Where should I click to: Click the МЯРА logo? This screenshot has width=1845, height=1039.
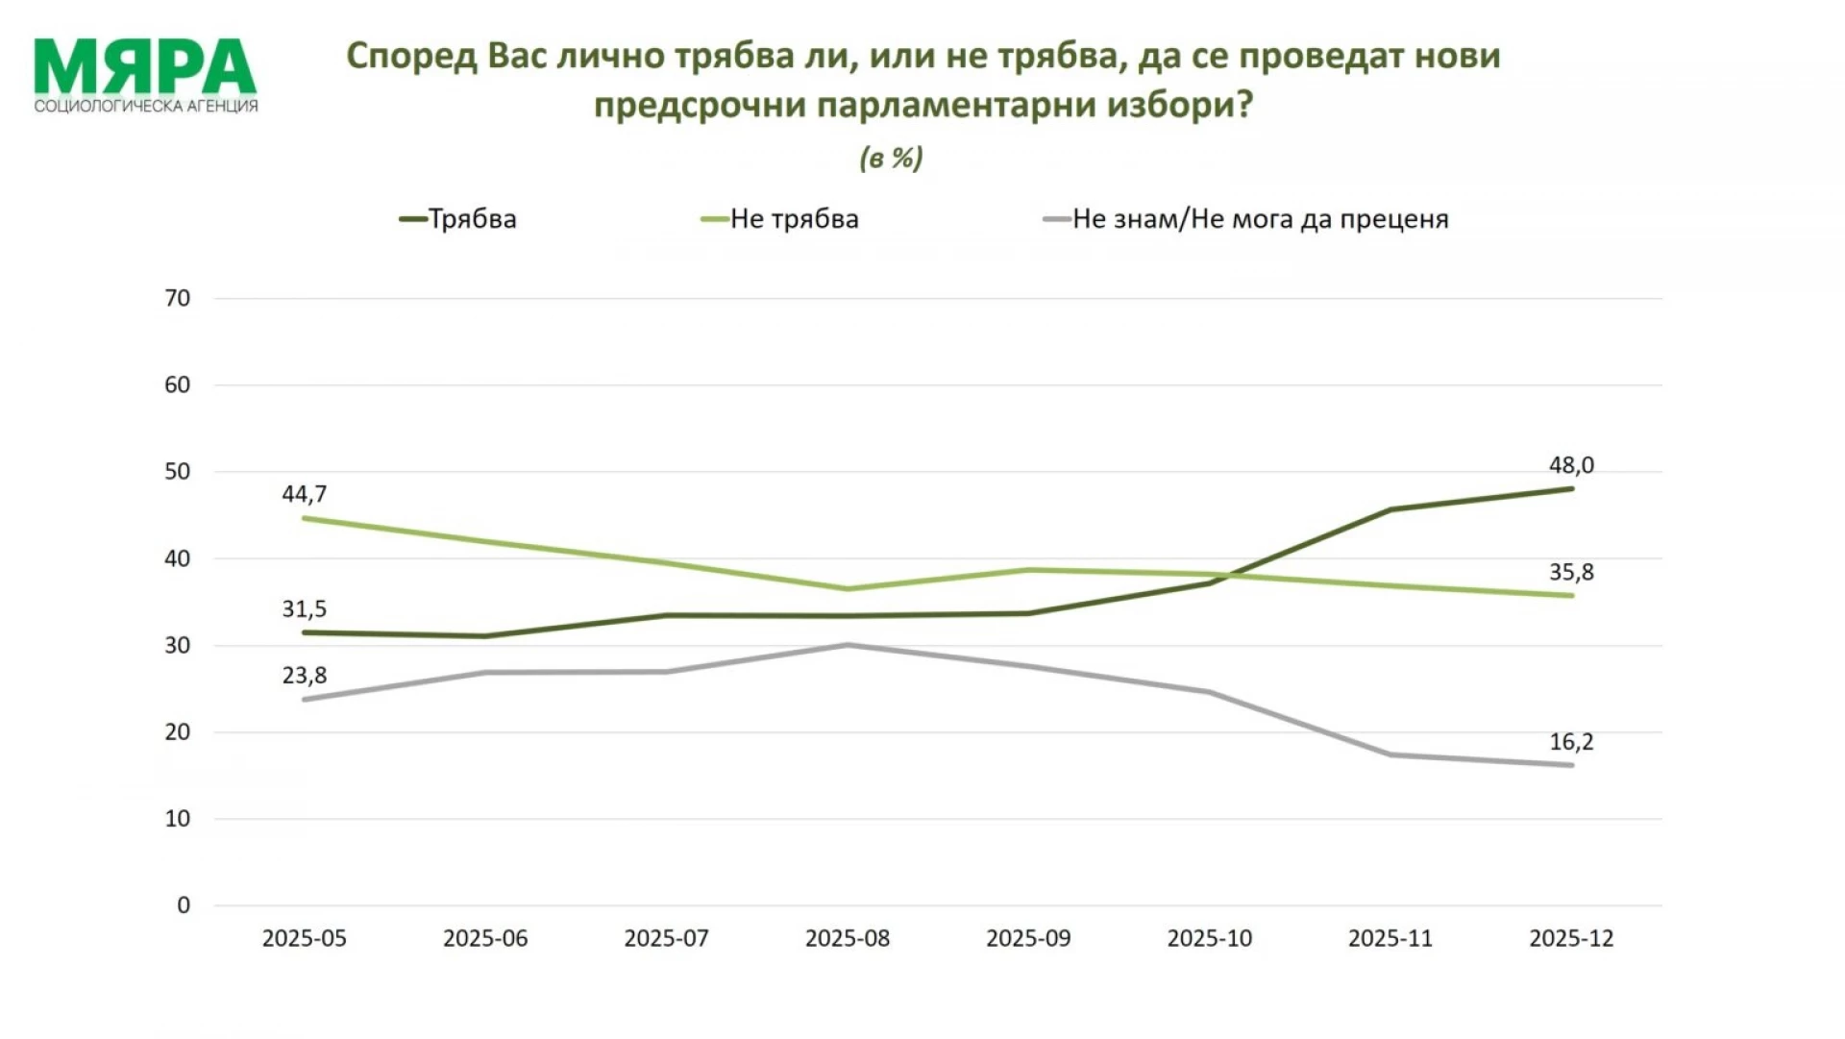[x=145, y=75]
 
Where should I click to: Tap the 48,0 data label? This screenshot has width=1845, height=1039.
[x=1571, y=465]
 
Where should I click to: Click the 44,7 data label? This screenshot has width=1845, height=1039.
[x=304, y=494]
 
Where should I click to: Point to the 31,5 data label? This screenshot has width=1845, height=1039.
[x=304, y=608]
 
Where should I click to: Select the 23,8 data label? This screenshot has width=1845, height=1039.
[x=304, y=676]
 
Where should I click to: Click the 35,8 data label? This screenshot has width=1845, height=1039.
[x=1571, y=573]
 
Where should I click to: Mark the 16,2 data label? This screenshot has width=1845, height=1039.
[x=1571, y=742]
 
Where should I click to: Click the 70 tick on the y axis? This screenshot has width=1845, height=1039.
[x=178, y=298]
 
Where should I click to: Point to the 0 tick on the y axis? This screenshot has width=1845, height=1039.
[x=184, y=905]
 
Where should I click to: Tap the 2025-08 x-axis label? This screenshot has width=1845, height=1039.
[x=848, y=939]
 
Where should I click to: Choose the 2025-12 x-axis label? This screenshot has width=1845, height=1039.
[x=1571, y=939]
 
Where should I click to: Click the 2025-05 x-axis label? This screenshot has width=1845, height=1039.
[x=304, y=939]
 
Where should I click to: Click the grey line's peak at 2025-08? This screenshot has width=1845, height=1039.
[x=848, y=645]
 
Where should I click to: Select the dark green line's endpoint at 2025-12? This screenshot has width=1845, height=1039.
[x=1571, y=488]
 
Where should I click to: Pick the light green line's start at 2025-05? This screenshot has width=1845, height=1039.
[x=305, y=518]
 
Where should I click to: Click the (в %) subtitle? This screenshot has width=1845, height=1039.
[x=891, y=159]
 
